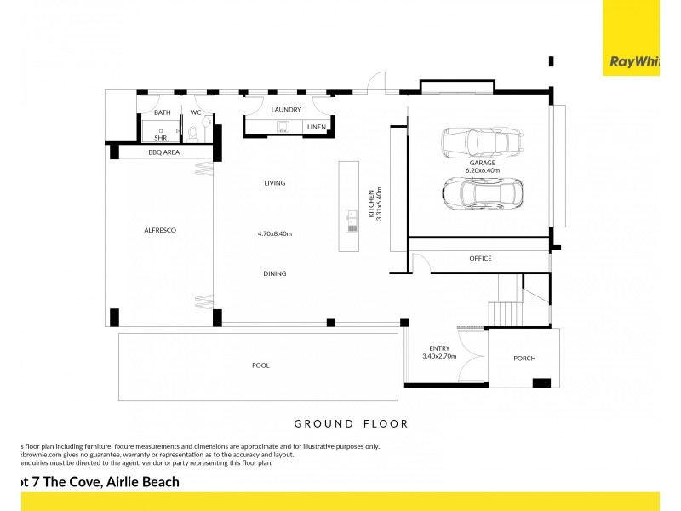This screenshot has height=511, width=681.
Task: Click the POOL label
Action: coord(260,365)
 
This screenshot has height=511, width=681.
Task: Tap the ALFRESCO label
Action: coord(159,231)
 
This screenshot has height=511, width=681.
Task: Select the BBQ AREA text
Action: coord(163,152)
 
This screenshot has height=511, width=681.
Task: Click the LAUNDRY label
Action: coord(287,110)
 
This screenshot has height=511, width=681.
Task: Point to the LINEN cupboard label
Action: coord(316,128)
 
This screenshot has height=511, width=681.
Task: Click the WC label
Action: coord(195,112)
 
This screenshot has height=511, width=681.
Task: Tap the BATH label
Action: coord(162,112)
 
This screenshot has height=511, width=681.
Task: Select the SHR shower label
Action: coord(160,137)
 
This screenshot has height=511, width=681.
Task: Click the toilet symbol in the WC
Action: coord(194,133)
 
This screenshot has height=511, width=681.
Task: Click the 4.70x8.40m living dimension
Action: coord(274,233)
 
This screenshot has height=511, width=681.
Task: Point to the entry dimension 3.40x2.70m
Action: coord(439,356)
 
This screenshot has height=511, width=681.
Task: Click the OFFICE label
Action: coord(480,259)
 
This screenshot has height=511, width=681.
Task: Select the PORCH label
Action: coord(524,359)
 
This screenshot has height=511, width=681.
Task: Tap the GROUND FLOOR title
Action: coord(351,423)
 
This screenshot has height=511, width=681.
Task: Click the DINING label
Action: coord(274,273)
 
